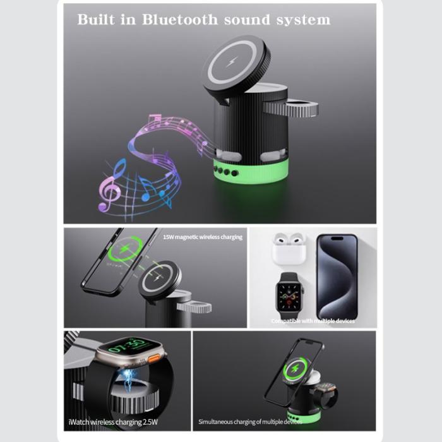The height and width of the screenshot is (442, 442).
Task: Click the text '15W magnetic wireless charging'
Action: pyautogui.click(x=202, y=237)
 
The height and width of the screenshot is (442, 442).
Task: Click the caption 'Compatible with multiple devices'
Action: pyautogui.click(x=313, y=321)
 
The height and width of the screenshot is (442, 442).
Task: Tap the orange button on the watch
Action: pyautogui.click(x=152, y=359)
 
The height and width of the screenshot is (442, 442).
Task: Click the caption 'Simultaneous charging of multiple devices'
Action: pyautogui.click(x=249, y=421)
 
